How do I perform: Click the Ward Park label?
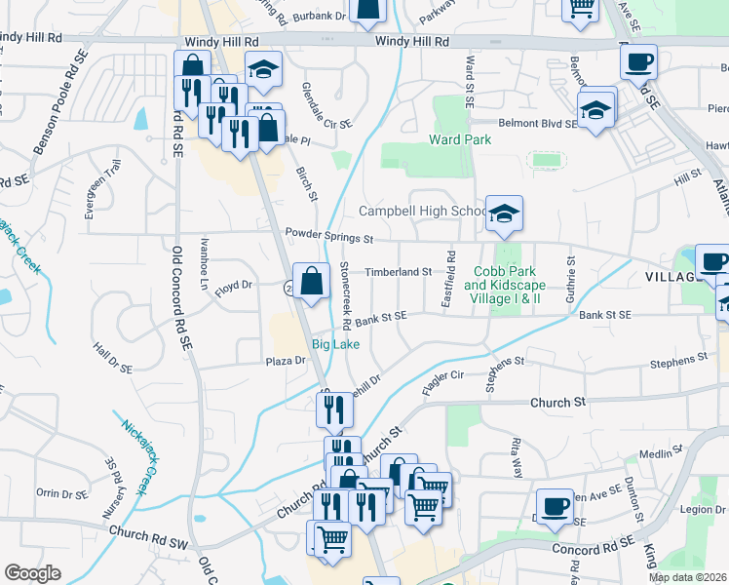click(460, 139)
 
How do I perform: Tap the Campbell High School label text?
click(422, 211)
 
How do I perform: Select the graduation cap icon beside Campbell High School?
click(504, 215)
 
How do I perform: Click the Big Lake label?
click(335, 345)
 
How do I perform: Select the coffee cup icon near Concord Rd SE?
click(555, 507)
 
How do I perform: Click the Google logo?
click(32, 572)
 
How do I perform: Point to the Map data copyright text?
click(688, 577)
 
